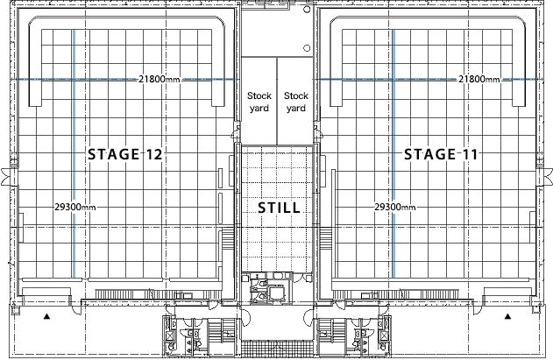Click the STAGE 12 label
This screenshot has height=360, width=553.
pyautogui.click(x=126, y=155)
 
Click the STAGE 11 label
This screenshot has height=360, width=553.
pyautogui.click(x=442, y=155)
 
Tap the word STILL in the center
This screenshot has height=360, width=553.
pyautogui.click(x=279, y=208)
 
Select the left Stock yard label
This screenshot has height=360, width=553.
pyautogui.click(x=259, y=102)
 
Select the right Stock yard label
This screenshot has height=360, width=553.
pyautogui.click(x=295, y=102)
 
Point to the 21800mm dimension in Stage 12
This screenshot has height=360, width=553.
pyautogui.click(x=160, y=80)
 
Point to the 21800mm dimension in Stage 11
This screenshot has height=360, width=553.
pyautogui.click(x=479, y=80)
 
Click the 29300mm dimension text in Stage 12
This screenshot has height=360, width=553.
pyautogui.click(x=74, y=208)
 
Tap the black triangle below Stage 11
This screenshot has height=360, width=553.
pyautogui.click(x=507, y=313)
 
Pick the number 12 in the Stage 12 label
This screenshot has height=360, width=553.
pyautogui.click(x=154, y=155)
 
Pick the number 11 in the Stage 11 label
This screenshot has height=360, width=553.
pyautogui.click(x=470, y=155)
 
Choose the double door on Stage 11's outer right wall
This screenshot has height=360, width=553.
pyautogui.click(x=549, y=175)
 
